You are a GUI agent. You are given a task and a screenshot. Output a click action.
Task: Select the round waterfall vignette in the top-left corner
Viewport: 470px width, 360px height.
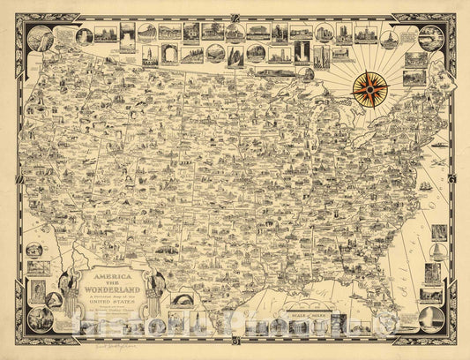click(x=40, y=40)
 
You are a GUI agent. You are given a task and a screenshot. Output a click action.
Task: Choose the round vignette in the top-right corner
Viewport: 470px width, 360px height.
click(x=429, y=38)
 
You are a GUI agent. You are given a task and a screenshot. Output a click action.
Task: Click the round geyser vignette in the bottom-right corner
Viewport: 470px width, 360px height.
click(x=431, y=319)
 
